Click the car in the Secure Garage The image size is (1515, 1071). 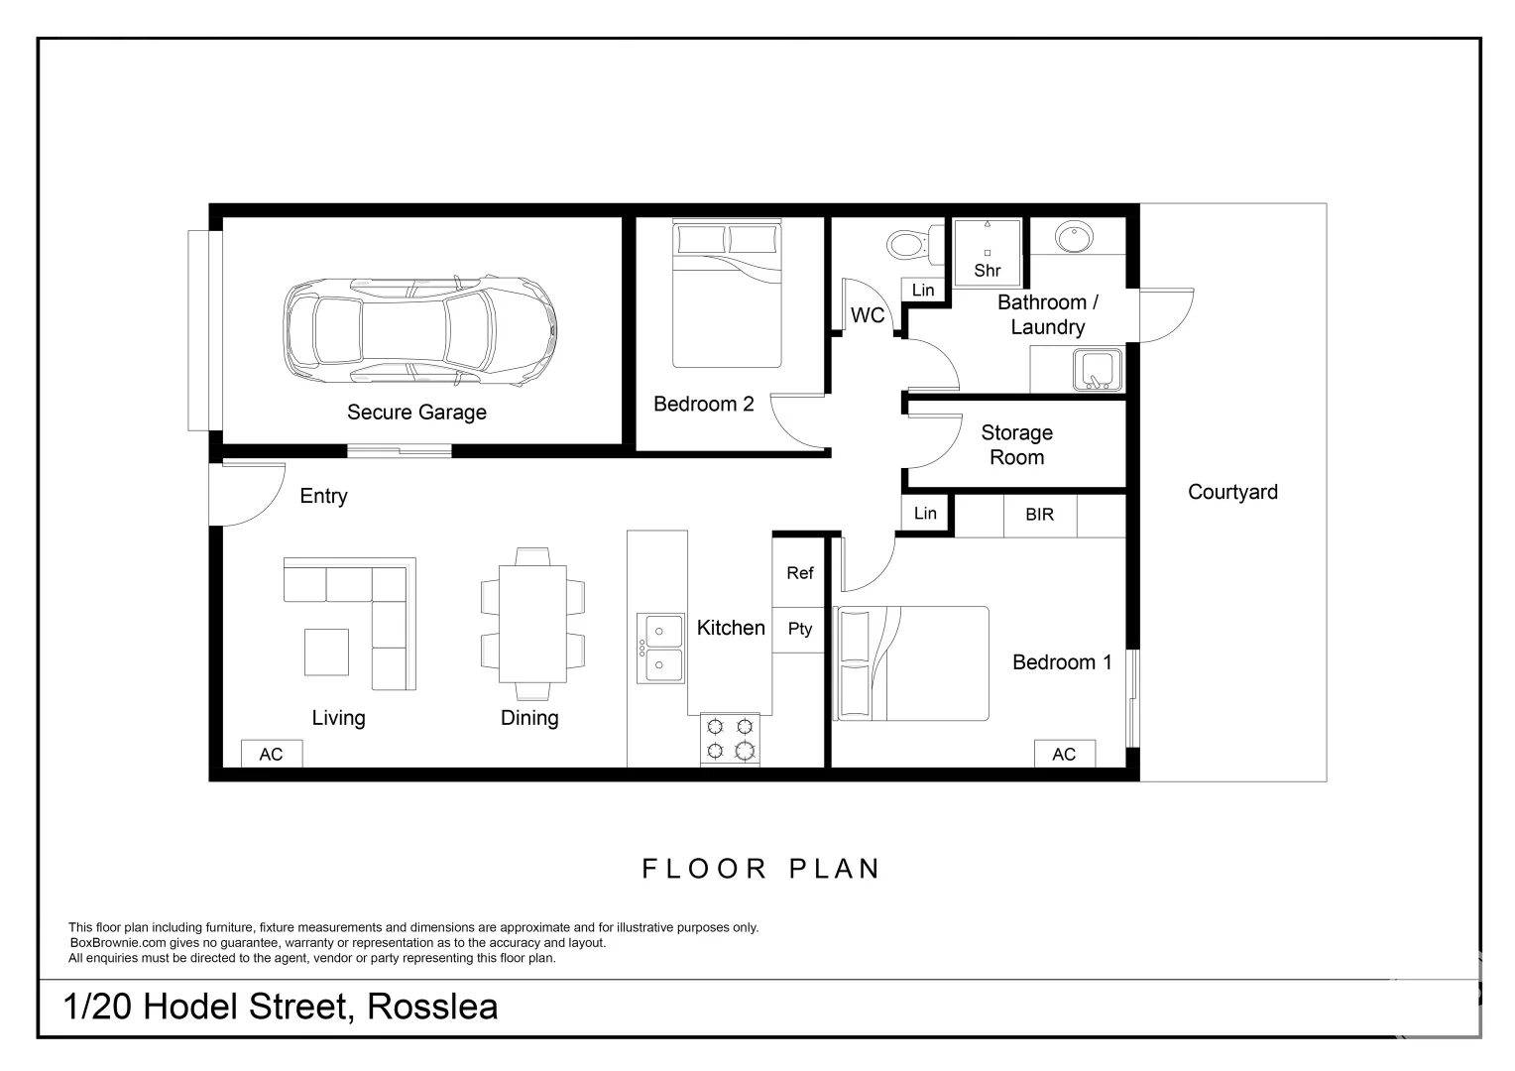(419, 330)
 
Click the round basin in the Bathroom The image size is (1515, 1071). (1074, 237)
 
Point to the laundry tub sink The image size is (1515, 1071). (1097, 370)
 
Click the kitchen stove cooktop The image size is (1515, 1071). (731, 739)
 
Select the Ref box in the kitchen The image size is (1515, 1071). (799, 573)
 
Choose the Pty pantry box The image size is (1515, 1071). (799, 629)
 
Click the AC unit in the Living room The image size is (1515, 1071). (271, 755)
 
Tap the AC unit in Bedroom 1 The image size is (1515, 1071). (1064, 755)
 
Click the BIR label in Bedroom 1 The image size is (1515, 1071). (1039, 515)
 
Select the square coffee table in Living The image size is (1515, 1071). (326, 653)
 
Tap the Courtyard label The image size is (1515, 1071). (1232, 492)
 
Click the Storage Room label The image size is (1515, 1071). (1016, 445)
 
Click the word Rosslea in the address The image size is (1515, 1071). (432, 1007)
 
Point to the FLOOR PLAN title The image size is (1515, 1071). (761, 869)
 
